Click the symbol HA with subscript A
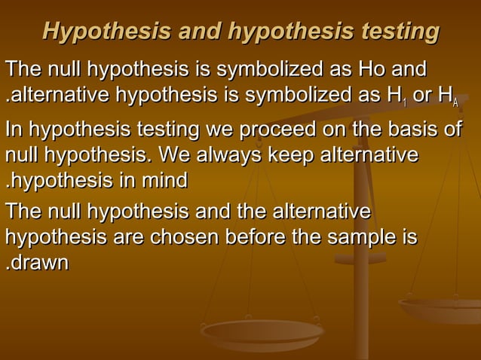tap(448, 97)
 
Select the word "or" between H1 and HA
tap(422, 97)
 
